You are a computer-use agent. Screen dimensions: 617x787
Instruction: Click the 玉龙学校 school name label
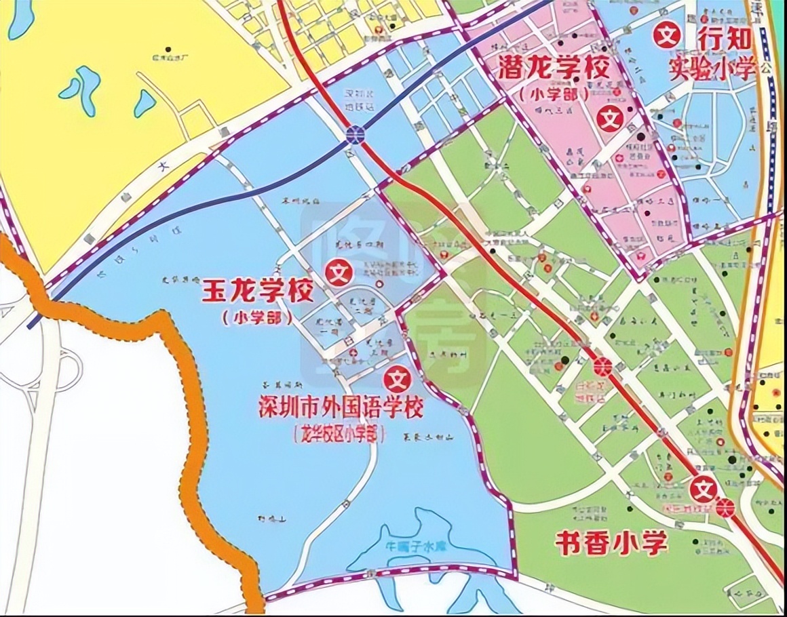[x=257, y=294]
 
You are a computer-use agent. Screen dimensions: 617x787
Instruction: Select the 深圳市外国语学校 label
[x=340, y=408]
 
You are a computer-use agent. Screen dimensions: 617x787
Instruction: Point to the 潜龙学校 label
[x=552, y=68]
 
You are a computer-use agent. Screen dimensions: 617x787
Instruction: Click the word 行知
[x=725, y=40]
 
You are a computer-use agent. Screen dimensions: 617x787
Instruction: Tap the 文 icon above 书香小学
[x=704, y=487]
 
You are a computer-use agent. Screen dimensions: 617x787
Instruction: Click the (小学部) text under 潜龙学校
[x=553, y=94]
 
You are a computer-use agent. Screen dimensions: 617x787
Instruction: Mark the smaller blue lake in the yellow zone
[x=145, y=103]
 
